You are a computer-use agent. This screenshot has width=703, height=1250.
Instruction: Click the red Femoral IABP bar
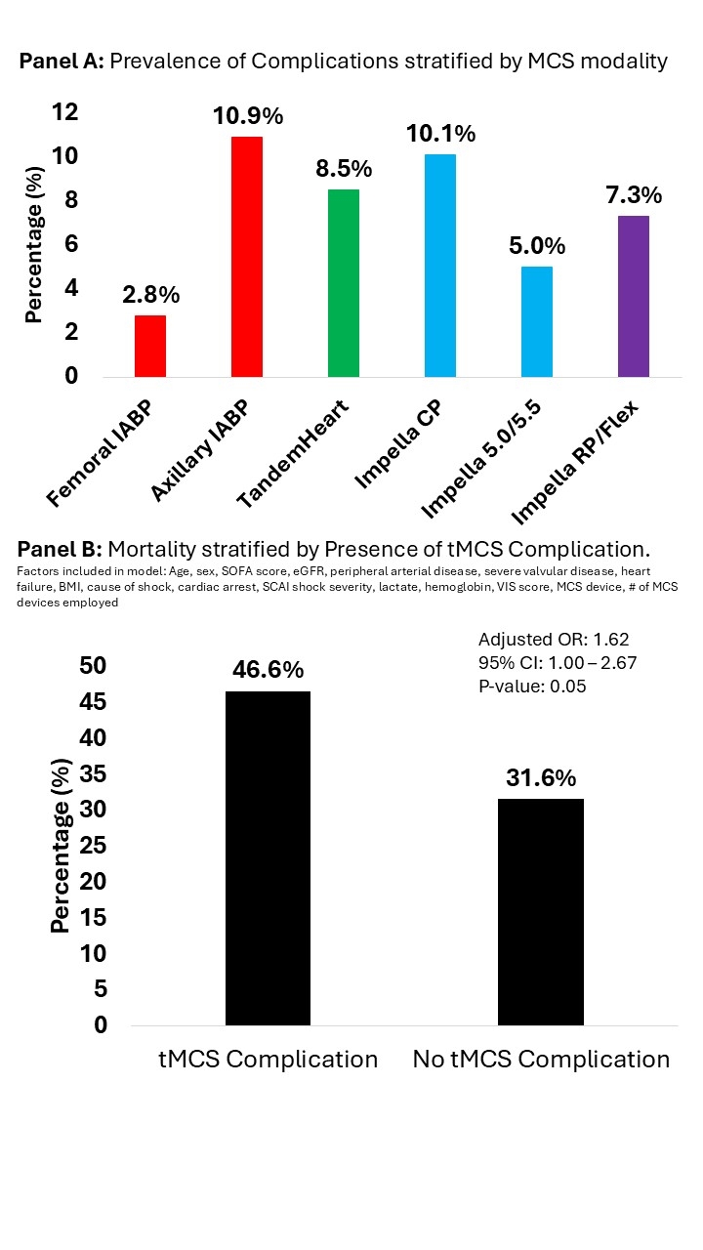pos(149,346)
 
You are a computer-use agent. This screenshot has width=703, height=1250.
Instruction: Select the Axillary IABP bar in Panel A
pos(246,257)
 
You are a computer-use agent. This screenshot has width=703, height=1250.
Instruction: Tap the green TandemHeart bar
pos(344,283)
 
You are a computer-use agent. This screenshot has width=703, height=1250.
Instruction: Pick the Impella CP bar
pos(440,266)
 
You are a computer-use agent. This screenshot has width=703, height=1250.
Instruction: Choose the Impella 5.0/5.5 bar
pos(537,321)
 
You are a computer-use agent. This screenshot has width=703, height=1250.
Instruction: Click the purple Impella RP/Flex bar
pos(634,296)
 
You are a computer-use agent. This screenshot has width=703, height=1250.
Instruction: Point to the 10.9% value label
pos(248,116)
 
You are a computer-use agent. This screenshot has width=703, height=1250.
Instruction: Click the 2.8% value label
pos(150,294)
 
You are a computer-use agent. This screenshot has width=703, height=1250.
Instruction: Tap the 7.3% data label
pos(634,194)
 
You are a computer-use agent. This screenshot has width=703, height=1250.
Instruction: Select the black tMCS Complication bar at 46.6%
pos(268,858)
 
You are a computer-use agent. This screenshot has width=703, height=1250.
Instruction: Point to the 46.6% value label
pos(268,670)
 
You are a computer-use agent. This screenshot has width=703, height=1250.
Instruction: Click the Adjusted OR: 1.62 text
pos(553,640)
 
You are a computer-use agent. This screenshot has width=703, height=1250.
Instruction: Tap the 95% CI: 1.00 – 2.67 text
pos(558,663)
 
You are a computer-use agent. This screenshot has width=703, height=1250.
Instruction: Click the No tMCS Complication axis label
pos(541,1060)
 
